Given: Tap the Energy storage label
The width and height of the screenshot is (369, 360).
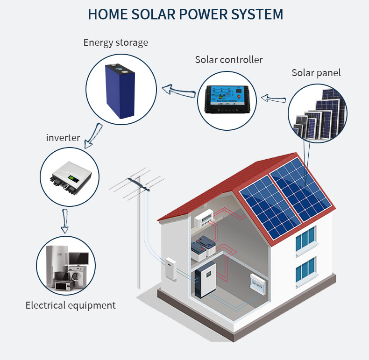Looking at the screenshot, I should tap(115, 42).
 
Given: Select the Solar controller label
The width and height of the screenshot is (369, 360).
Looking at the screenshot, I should tap(229, 60).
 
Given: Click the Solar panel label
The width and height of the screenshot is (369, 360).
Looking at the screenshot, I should tap(316, 73).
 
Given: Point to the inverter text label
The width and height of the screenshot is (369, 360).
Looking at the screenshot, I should tap(63, 138).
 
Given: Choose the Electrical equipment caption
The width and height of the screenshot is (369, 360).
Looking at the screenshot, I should tap(70, 305).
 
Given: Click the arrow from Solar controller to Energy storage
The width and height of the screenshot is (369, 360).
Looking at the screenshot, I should tap(178, 90).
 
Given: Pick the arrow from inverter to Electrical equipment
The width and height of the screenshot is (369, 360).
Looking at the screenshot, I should tap(65, 221).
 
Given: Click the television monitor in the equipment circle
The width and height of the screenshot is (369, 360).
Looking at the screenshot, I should tap(78, 258).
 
